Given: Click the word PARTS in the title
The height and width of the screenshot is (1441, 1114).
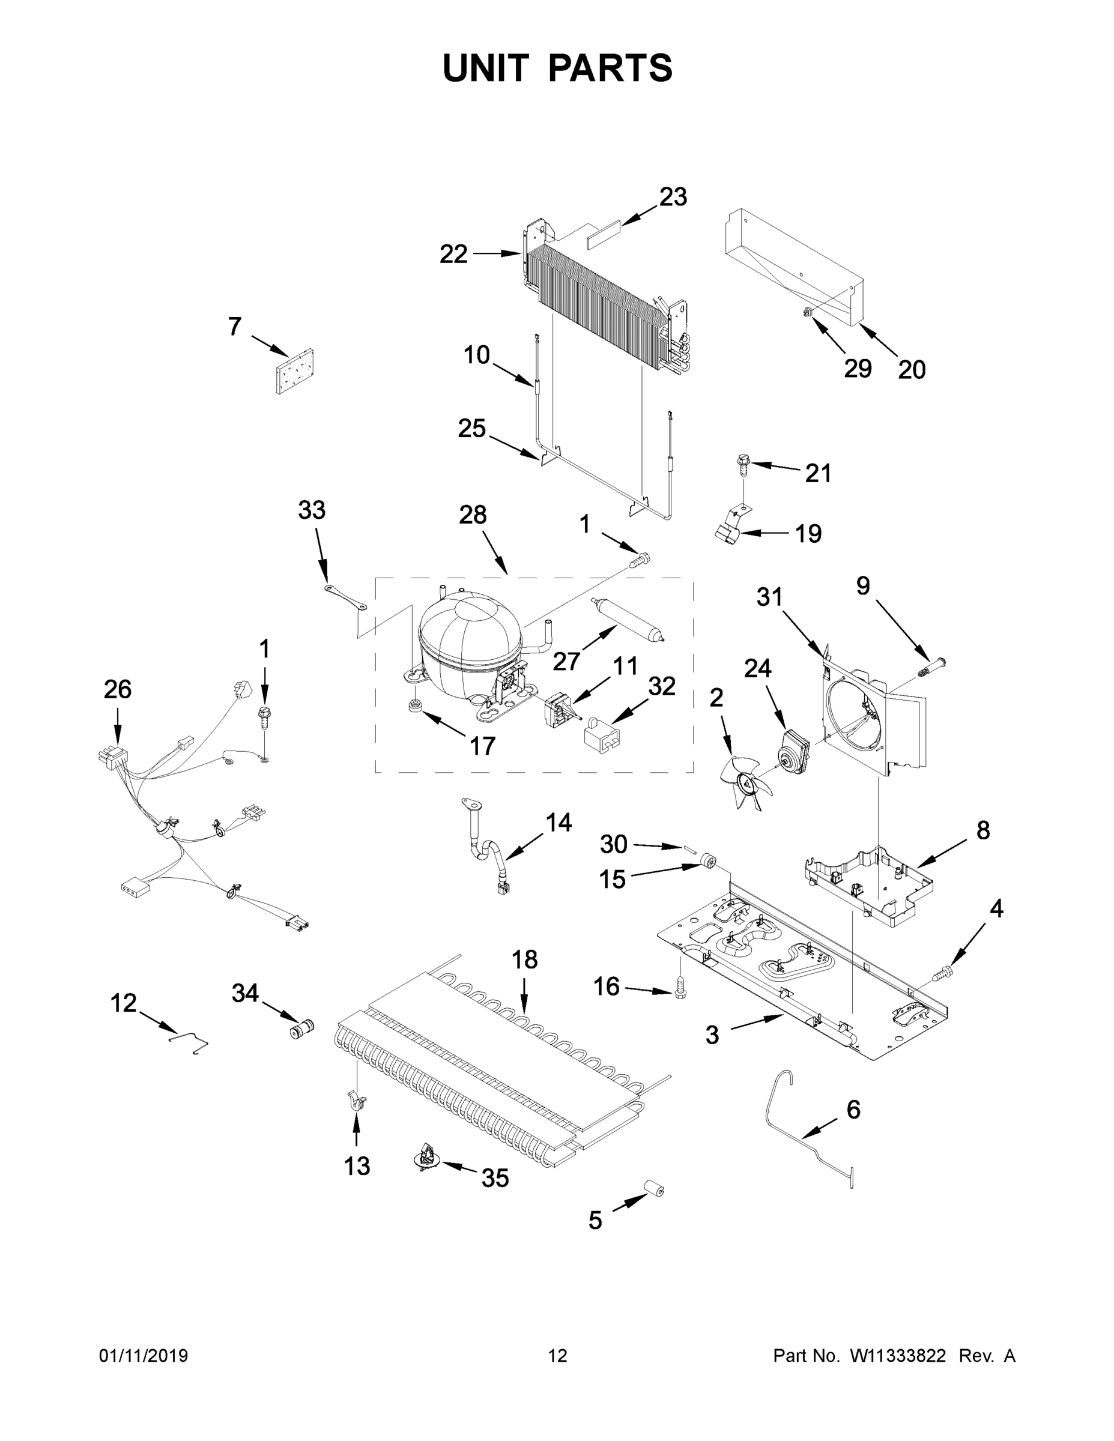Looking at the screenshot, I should click(611, 68).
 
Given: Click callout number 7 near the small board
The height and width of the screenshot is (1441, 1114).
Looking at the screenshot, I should click(235, 327).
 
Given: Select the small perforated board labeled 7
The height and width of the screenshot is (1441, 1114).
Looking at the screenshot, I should click(294, 372).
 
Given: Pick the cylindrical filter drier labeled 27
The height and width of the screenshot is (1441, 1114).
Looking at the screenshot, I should click(628, 618).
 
